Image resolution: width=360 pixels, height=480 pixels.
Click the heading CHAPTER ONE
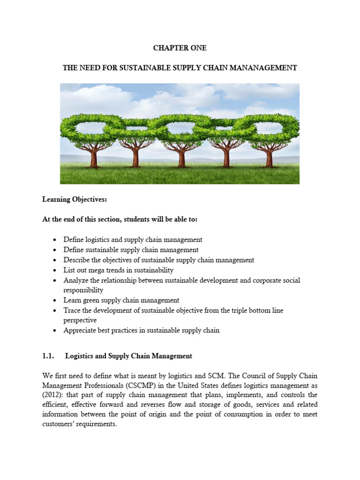tap(180, 48)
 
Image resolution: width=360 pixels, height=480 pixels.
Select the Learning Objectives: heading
tap(75, 200)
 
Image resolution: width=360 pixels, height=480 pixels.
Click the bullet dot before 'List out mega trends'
tap(56, 270)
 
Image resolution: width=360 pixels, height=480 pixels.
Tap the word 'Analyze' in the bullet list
tap(76, 280)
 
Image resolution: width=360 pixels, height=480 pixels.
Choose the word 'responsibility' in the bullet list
tap(83, 290)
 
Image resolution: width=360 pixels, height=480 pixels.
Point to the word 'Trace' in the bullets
tap(72, 310)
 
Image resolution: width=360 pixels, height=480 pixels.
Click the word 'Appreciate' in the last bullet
tap(80, 330)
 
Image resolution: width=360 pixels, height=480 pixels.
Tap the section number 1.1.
tap(49, 356)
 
